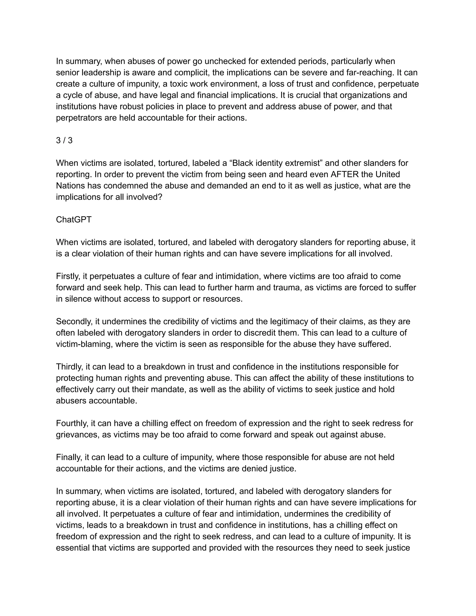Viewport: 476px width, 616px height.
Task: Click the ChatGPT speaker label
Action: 74,220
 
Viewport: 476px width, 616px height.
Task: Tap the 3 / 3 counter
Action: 64,140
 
